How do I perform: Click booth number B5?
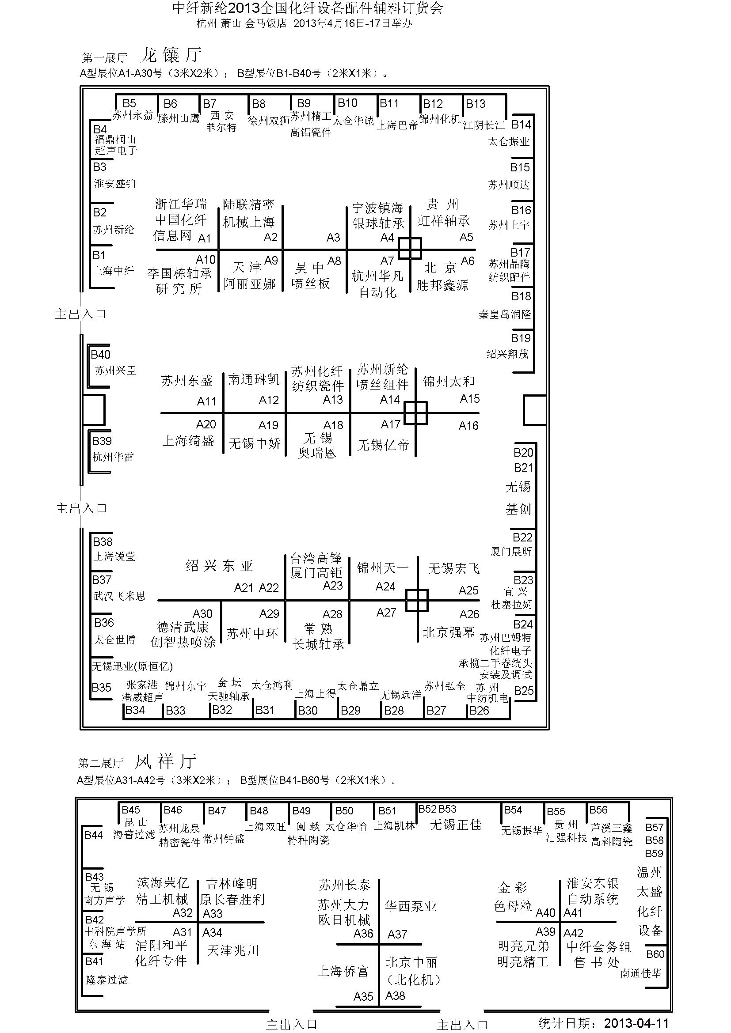129,103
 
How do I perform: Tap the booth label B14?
521,125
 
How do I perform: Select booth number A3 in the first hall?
333,238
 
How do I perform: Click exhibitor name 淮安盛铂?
114,184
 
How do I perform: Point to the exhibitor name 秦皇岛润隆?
505,314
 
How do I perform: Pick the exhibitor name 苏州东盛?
187,381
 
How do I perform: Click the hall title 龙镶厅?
171,55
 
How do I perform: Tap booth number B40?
100,355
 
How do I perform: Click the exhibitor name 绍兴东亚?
219,566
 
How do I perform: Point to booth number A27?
386,612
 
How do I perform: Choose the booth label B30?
308,711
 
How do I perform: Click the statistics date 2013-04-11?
636,1023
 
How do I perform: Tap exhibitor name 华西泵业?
411,906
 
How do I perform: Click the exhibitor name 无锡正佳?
456,825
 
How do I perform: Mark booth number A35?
363,996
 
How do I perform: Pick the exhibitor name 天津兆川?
233,950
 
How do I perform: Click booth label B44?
94,835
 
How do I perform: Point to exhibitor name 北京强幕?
448,632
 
